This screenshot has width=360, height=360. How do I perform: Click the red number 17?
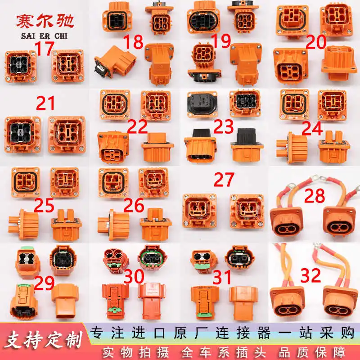point(44,49)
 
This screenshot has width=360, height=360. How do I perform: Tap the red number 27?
point(224,180)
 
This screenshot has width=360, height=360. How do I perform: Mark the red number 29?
point(44,284)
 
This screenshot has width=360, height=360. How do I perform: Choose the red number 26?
point(134,205)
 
